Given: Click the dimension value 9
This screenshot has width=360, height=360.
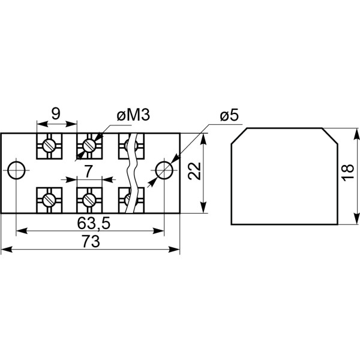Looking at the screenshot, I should tap(55, 113).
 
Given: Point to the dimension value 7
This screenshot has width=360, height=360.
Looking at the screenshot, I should tap(89, 172).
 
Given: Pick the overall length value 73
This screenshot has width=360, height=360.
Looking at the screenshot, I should tap(90, 242).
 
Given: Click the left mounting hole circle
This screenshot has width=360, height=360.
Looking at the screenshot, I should tap(17, 170).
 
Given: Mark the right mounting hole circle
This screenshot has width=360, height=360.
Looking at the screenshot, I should tap(164, 170).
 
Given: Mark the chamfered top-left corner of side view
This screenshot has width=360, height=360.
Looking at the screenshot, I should tap(238, 134).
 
